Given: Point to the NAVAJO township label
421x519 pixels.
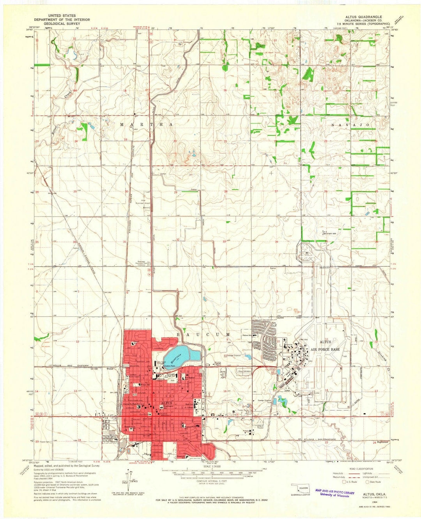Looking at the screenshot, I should (349, 124).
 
